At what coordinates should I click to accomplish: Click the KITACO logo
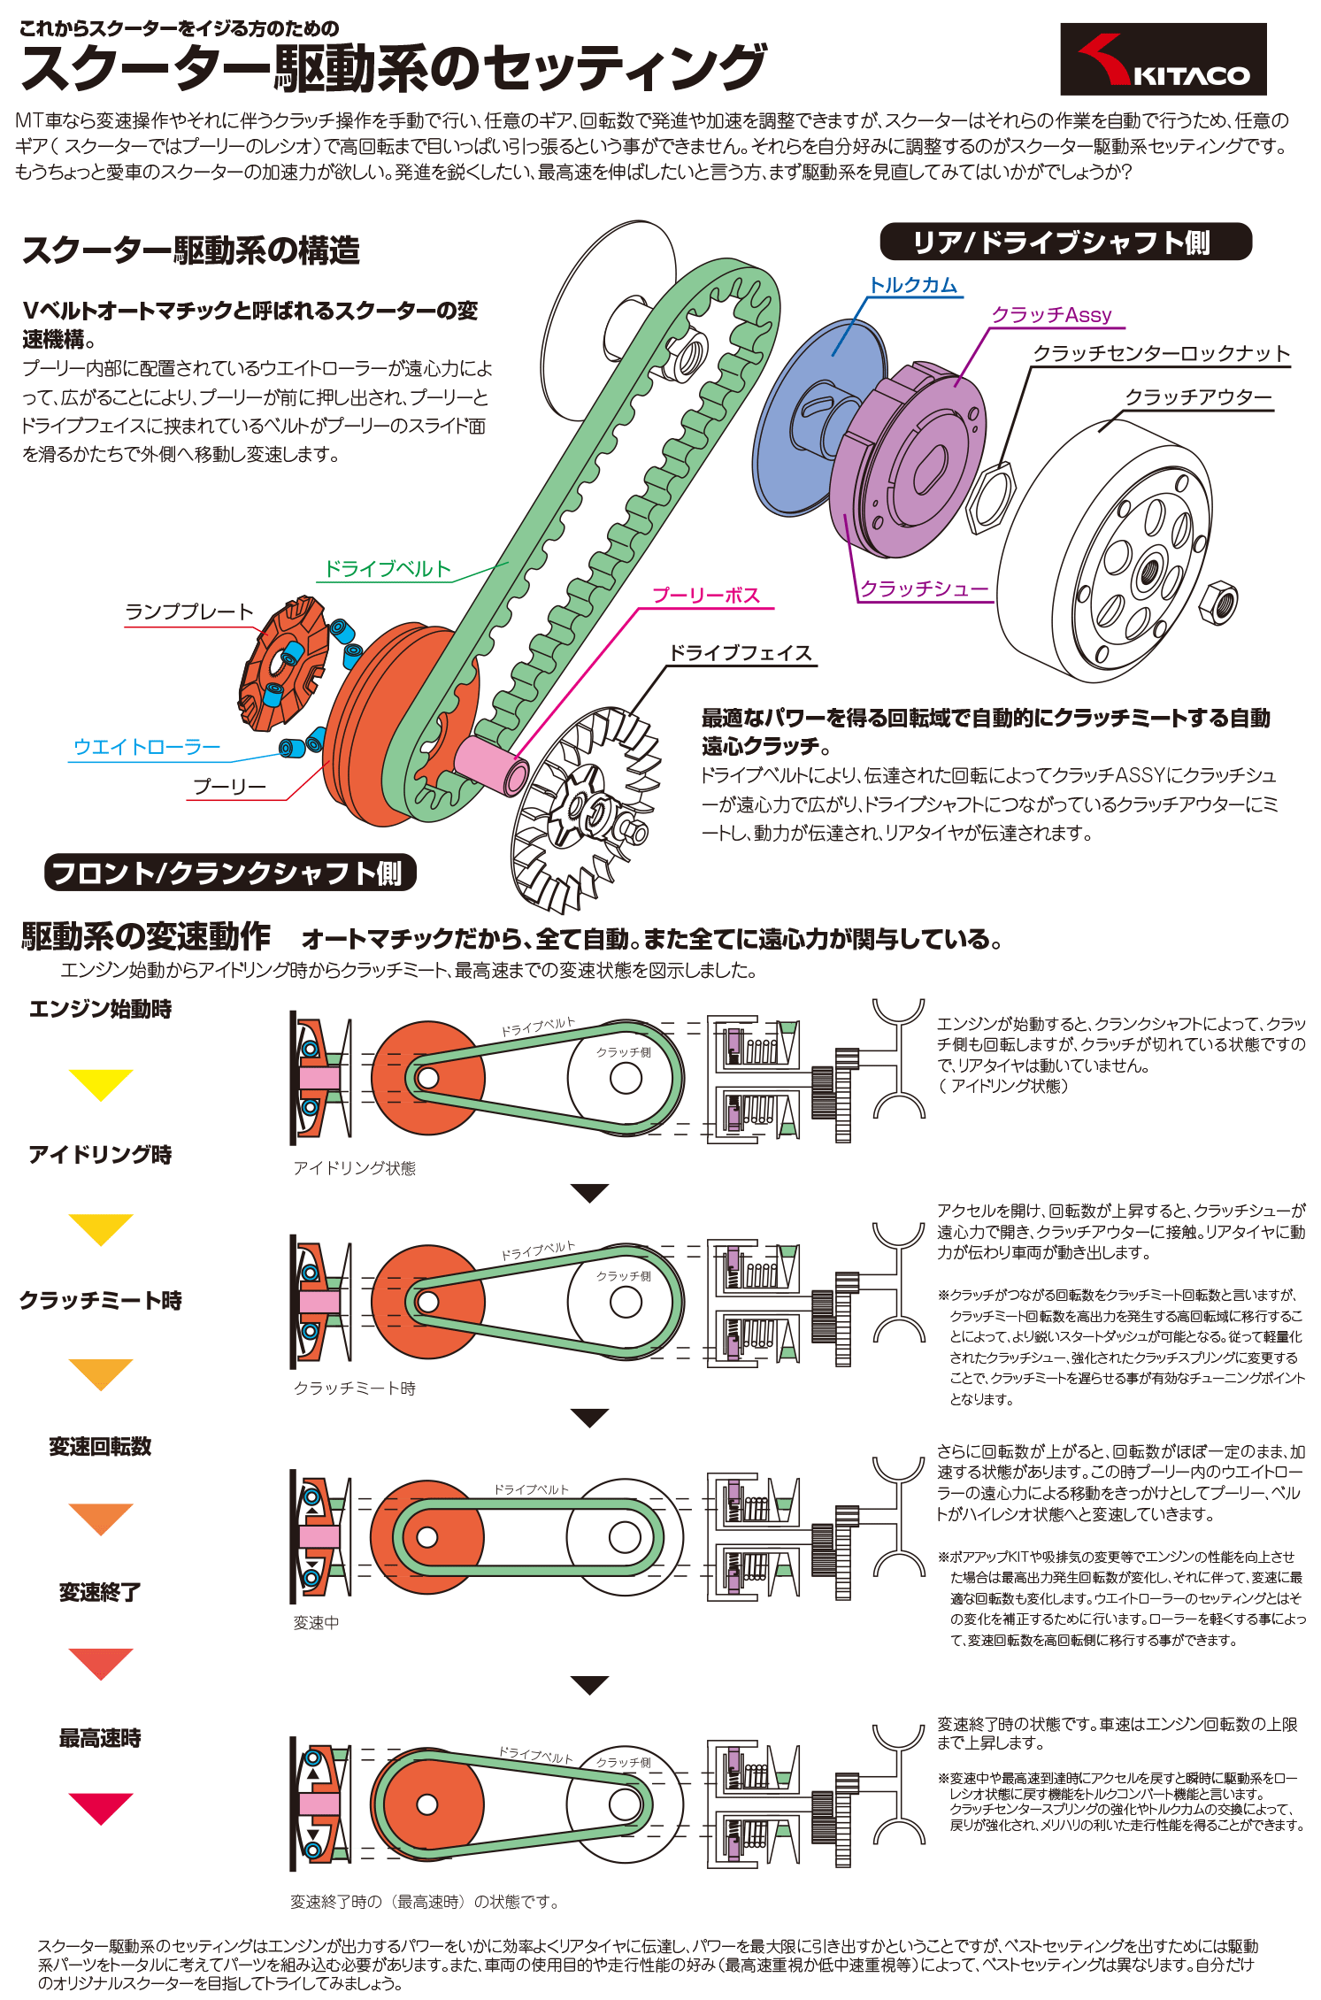click(x=1163, y=59)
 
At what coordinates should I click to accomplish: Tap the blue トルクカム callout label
click(x=913, y=285)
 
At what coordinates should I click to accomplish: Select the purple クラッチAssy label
click(x=1051, y=315)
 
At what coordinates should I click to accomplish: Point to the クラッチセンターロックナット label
click(x=1161, y=354)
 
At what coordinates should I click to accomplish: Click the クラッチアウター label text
click(x=1197, y=397)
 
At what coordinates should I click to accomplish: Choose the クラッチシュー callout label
click(x=924, y=588)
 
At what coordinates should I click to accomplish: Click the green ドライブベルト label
click(x=388, y=569)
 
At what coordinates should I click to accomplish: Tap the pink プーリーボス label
click(x=706, y=596)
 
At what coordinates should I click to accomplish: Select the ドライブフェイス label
click(x=740, y=653)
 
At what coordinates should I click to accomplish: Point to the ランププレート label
click(x=188, y=612)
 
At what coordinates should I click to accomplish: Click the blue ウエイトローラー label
click(x=146, y=747)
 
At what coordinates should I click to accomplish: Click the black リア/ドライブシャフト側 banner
click(x=1065, y=242)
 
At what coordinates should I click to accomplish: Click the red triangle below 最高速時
click(x=101, y=1806)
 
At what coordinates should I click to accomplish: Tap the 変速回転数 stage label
click(x=100, y=1446)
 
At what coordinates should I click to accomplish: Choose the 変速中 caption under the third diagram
click(x=316, y=1622)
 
